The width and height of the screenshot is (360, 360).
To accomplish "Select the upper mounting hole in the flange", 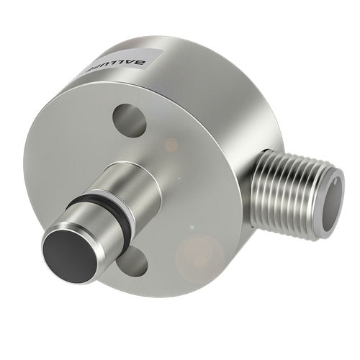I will (130, 119).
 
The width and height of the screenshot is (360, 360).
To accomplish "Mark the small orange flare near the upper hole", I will (171, 145).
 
